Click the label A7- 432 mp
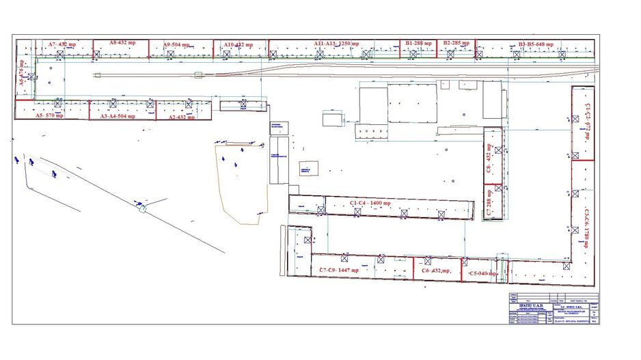click(x=62, y=44)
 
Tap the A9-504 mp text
click(x=177, y=45)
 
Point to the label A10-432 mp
click(x=238, y=44)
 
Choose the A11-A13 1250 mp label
click(x=336, y=43)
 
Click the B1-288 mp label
click(x=418, y=43)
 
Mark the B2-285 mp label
click(x=456, y=43)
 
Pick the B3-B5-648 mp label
click(x=536, y=44)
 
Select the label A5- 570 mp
click(x=49, y=116)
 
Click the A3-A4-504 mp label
click(x=118, y=116)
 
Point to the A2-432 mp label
click(x=181, y=117)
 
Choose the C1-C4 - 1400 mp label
click(x=370, y=203)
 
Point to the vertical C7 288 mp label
click(x=489, y=203)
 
